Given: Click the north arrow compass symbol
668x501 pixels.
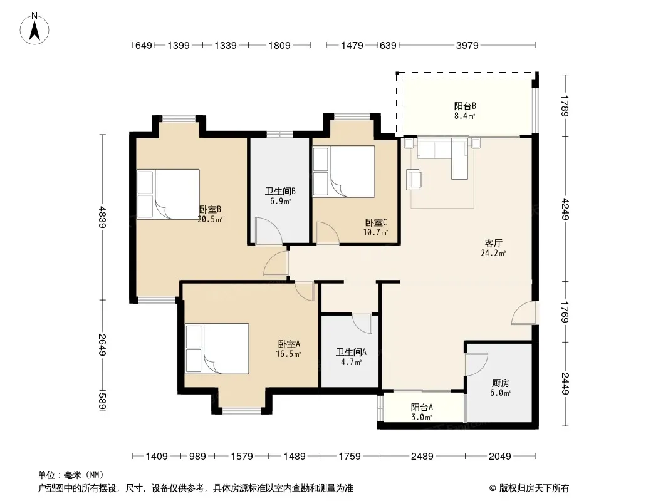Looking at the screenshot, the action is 34,29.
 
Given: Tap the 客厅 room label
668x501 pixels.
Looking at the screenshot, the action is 493,244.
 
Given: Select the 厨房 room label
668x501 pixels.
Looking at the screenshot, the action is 500,383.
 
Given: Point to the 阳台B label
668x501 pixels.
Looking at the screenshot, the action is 465,106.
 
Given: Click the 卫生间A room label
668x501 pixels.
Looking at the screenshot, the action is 351,352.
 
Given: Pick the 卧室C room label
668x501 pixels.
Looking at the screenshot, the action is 376,222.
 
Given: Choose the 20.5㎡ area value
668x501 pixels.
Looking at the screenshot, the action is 210,220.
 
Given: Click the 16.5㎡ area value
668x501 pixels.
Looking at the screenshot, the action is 288,354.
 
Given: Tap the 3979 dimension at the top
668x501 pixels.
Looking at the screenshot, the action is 467,45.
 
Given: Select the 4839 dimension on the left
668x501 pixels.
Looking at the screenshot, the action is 102,217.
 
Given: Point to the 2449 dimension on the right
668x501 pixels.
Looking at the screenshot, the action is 565,383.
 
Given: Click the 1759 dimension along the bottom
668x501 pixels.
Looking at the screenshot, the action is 349,457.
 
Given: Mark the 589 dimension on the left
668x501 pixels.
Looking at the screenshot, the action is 102,401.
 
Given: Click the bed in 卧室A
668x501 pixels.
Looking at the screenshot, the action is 217,349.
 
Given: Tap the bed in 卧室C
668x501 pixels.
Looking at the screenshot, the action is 344,172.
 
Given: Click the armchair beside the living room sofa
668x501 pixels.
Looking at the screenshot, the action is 414,179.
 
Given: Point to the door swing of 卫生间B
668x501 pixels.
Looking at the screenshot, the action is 269,230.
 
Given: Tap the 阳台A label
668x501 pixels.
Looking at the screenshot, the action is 422,407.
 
